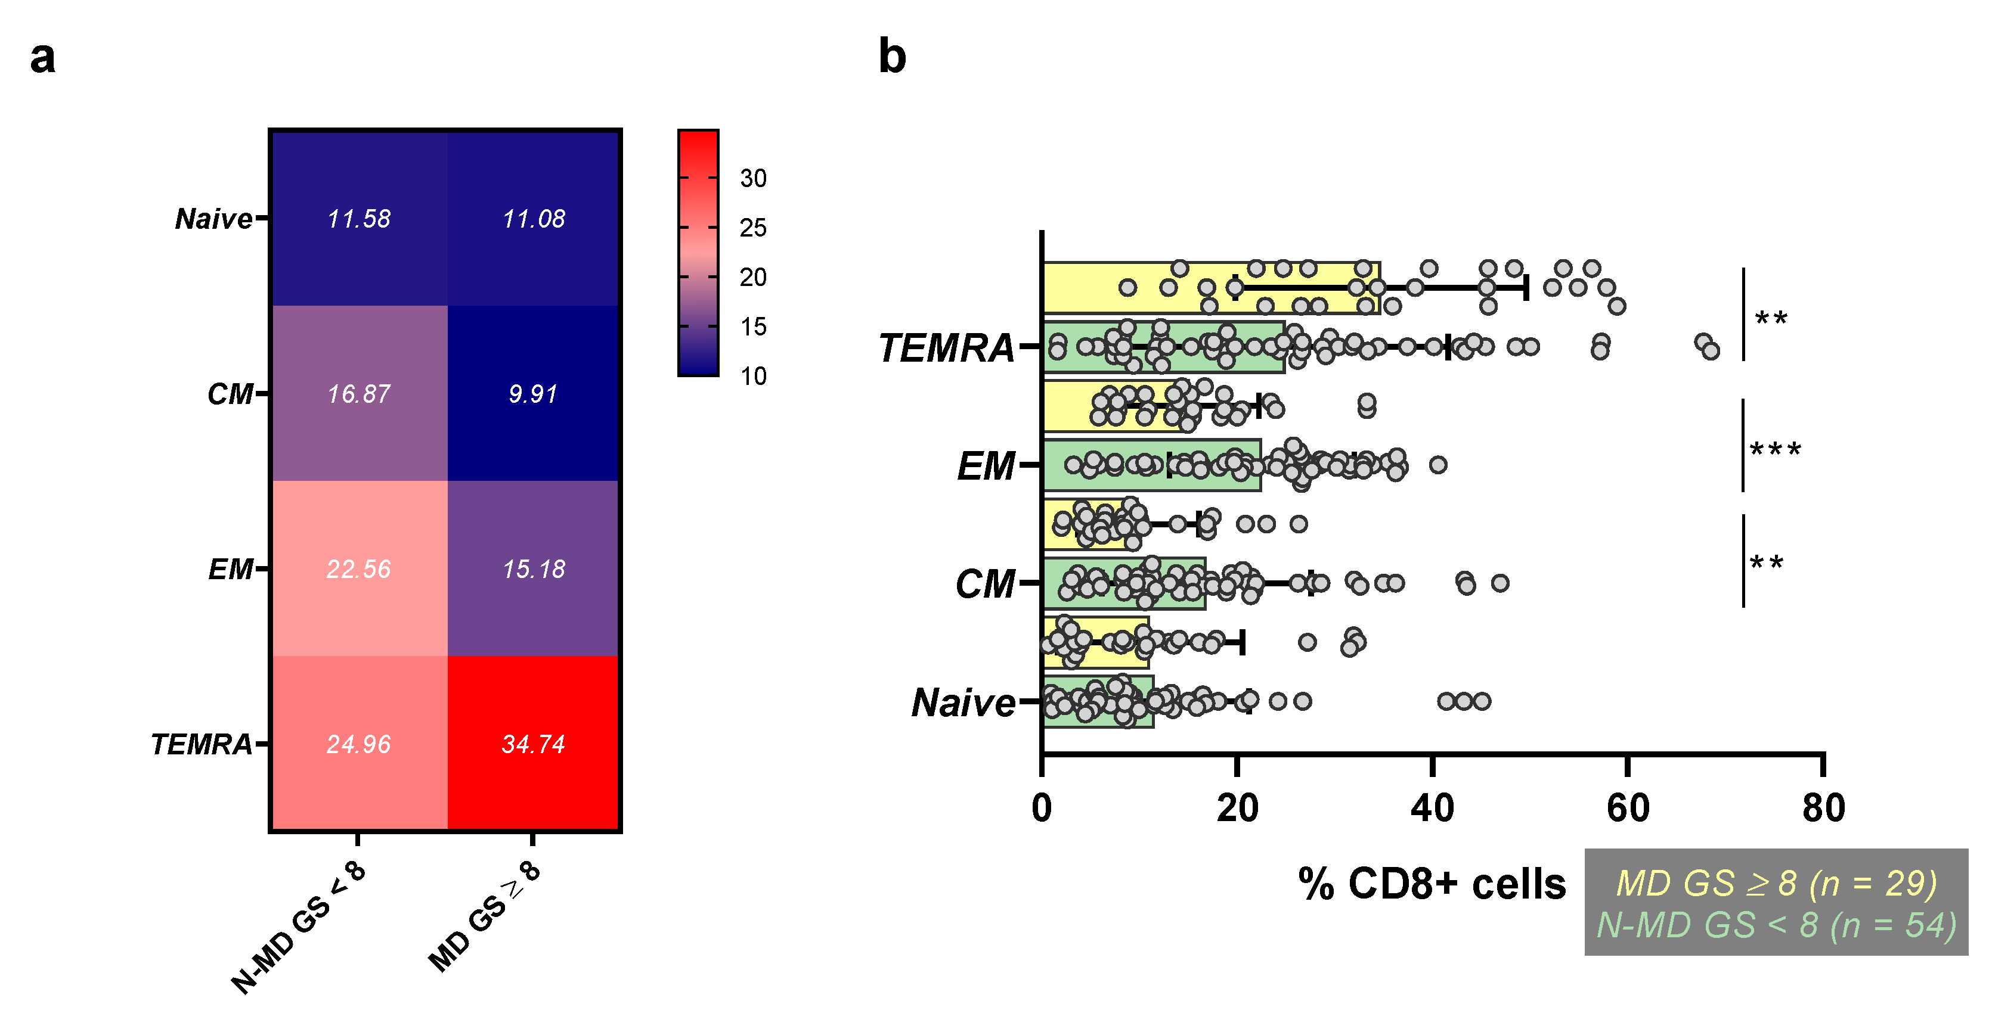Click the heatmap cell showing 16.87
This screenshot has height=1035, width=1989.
(358, 394)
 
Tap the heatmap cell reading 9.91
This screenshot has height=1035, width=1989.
(533, 394)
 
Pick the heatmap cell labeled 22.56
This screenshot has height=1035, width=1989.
(358, 569)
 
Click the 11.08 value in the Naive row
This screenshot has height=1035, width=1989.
(533, 219)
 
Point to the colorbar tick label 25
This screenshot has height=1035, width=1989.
(753, 228)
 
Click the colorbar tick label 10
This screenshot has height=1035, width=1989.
(753, 376)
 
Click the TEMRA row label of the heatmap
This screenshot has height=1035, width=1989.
(202, 744)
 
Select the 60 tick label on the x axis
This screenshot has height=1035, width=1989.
(1628, 808)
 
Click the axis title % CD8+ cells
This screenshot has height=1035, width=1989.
(1432, 884)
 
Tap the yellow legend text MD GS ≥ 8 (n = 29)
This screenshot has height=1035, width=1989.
(1776, 883)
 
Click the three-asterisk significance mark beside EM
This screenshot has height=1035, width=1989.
(1774, 450)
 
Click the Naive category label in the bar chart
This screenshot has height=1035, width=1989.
(963, 703)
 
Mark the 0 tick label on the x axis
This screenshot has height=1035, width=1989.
(1042, 808)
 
